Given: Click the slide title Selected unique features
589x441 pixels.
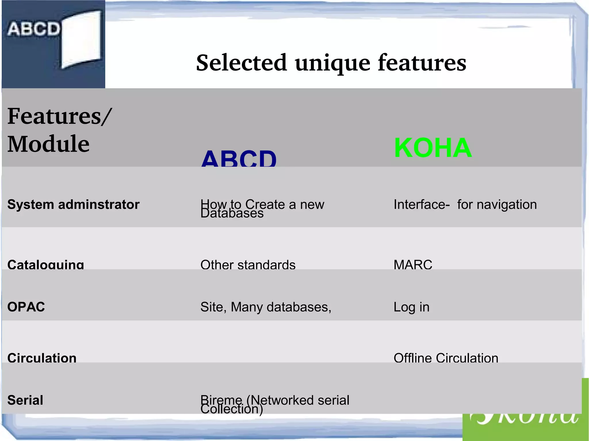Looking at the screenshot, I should (x=331, y=63).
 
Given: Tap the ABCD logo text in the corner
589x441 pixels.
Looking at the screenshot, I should (x=33, y=29).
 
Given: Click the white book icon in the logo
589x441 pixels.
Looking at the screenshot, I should (x=81, y=40).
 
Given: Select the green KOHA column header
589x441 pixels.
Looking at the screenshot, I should (x=433, y=148).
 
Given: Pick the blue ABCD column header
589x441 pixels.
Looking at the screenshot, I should (x=239, y=158).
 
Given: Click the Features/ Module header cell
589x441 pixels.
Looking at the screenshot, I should (x=59, y=130).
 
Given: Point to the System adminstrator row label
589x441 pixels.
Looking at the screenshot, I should (x=73, y=205).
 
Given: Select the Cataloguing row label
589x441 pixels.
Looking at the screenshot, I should (x=46, y=264).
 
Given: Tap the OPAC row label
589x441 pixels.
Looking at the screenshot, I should (x=26, y=307).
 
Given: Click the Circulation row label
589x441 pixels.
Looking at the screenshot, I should (x=42, y=357).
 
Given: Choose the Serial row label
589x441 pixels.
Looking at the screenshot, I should (x=25, y=400).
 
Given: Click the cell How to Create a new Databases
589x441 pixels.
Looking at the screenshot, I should (x=262, y=208).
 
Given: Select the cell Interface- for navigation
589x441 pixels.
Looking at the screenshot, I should (x=465, y=205).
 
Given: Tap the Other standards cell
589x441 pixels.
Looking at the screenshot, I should (x=248, y=264).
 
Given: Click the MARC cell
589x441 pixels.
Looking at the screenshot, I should (x=413, y=264).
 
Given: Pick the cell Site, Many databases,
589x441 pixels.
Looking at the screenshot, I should (x=266, y=307).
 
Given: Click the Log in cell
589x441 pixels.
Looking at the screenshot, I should (x=411, y=307).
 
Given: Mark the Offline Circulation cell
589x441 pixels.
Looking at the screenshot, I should (x=446, y=358).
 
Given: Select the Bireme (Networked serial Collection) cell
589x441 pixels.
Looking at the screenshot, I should (x=275, y=404).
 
